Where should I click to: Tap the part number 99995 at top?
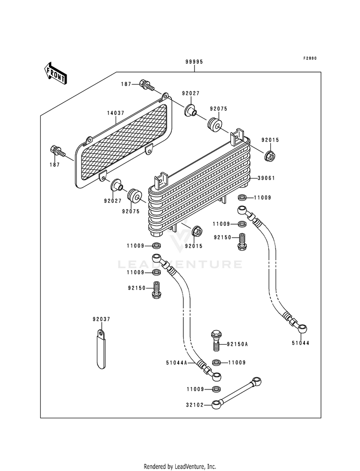[x=194, y=62]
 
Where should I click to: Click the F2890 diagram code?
[x=310, y=58]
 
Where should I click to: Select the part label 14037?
[x=116, y=113]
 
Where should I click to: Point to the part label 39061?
[x=266, y=178]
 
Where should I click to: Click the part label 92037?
[x=101, y=319]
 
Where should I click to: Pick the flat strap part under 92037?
[x=101, y=349]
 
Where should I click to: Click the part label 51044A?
[x=177, y=363]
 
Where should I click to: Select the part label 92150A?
[x=237, y=344]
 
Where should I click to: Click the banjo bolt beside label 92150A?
[x=216, y=340]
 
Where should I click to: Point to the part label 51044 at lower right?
[x=300, y=343]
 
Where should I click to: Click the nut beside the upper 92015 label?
[x=269, y=156]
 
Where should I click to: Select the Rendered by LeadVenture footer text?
[x=180, y=467]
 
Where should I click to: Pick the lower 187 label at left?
[x=55, y=165]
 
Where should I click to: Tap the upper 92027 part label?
[x=191, y=94]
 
